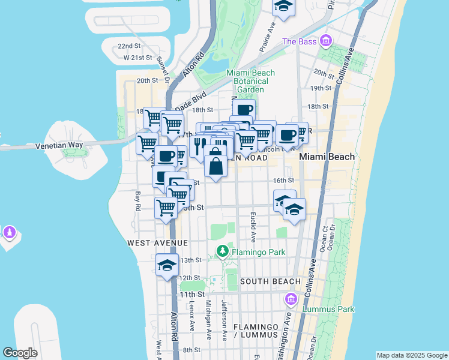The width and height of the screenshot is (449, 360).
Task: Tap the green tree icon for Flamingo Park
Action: tap(223, 251)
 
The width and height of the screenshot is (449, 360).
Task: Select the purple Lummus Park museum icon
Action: tap(291, 299)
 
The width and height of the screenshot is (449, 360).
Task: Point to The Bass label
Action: tap(299, 41)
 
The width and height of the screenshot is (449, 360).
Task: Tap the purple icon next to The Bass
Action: tap(326, 41)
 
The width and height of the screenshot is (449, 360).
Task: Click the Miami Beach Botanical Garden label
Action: tap(250, 81)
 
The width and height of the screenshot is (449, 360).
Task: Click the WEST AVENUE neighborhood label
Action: tap(158, 243)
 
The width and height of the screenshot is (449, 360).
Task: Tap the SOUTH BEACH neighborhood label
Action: tap(270, 281)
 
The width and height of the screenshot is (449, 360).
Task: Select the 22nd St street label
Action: tap(129, 46)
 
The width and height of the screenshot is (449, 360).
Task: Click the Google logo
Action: tap(20, 353)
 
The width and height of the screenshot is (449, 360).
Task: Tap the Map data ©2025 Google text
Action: tap(411, 355)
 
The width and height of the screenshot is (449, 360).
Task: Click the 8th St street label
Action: tap(191, 350)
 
